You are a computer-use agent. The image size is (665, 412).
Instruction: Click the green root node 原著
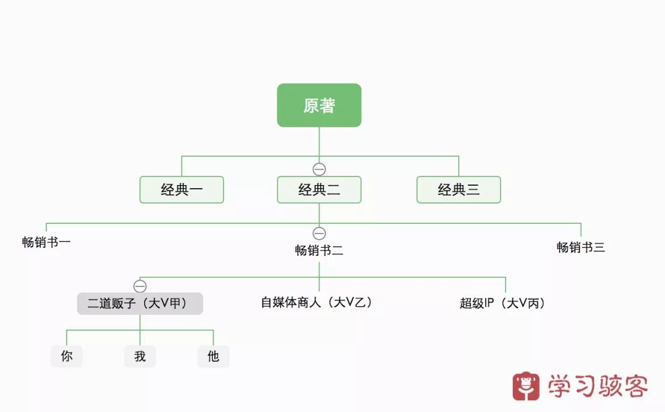pyautogui.click(x=319, y=105)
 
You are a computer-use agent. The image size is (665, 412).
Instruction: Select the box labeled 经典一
pyautogui.click(x=182, y=189)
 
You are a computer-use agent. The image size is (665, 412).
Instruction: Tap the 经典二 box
pyautogui.click(x=319, y=189)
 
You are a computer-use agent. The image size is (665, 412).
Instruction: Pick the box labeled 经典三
pyautogui.click(x=459, y=189)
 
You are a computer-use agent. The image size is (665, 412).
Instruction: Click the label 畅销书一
pyautogui.click(x=46, y=242)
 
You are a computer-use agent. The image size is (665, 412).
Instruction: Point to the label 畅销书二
pyautogui.click(x=319, y=250)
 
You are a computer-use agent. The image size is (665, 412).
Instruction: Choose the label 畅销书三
pyautogui.click(x=581, y=247)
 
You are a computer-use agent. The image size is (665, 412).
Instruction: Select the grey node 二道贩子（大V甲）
pyautogui.click(x=140, y=303)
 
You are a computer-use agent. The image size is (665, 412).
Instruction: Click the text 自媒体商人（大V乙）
pyautogui.click(x=317, y=303)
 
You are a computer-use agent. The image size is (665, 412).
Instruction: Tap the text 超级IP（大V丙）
pyautogui.click(x=502, y=303)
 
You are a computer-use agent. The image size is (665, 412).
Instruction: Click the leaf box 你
pyautogui.click(x=66, y=356)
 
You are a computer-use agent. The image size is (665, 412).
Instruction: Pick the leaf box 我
pyautogui.click(x=140, y=356)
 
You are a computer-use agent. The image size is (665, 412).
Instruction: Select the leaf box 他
pyautogui.click(x=213, y=356)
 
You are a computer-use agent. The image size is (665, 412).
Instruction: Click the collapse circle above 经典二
pyautogui.click(x=319, y=169)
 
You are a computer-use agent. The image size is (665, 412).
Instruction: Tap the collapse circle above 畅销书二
pyautogui.click(x=319, y=233)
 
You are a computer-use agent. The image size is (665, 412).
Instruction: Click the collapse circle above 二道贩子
pyautogui.click(x=140, y=286)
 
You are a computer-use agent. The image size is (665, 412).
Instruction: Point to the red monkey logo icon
pyautogui.click(x=526, y=386)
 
